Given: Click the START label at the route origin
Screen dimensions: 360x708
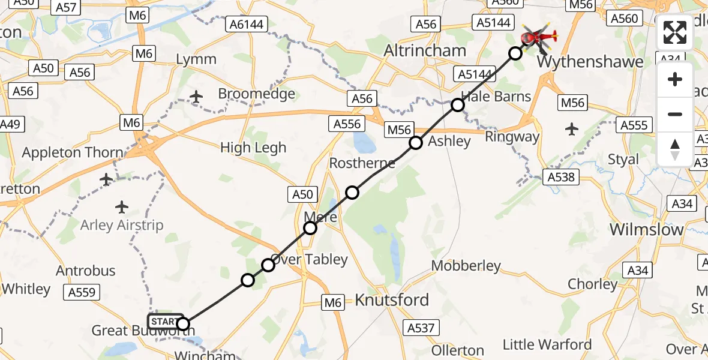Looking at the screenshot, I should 165,321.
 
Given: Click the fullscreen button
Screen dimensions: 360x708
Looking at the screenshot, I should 675,32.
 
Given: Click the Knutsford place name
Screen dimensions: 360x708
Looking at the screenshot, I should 392,300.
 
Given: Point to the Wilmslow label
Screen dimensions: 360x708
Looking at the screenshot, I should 646,229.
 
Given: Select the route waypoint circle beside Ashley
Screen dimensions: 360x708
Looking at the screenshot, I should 416,143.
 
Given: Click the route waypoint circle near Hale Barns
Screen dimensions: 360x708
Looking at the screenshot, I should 458,106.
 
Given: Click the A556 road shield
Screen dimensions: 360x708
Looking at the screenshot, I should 347,124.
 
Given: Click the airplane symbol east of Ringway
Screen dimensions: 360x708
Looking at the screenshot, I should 572,128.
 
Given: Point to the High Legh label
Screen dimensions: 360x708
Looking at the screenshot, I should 253,148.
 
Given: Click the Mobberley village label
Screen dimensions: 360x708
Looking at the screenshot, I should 466,265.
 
